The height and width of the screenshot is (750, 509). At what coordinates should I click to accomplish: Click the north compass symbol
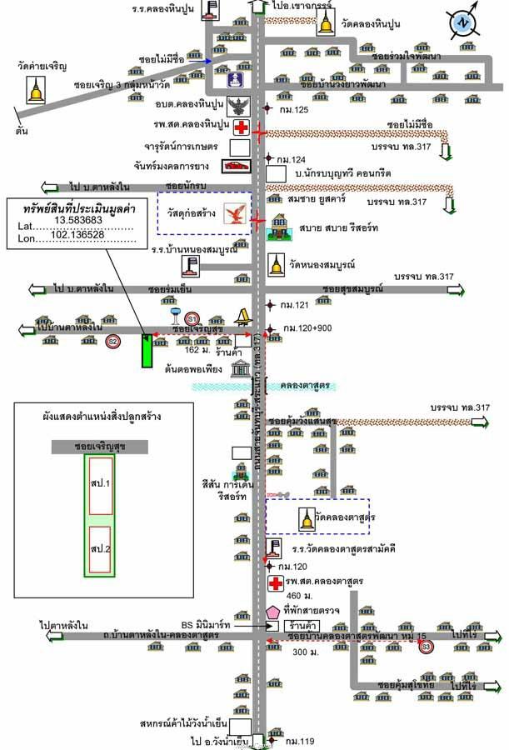click(x=461, y=23)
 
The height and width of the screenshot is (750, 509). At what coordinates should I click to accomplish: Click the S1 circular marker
click(x=192, y=318)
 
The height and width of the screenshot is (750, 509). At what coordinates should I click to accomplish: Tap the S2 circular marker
click(x=112, y=341)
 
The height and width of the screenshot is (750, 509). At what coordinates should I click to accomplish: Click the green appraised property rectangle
click(x=147, y=351)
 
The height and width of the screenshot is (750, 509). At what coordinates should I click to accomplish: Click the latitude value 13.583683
click(x=80, y=219)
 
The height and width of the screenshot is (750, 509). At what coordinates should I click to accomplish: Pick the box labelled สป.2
click(x=102, y=551)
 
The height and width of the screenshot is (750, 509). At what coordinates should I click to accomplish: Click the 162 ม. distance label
click(x=199, y=349)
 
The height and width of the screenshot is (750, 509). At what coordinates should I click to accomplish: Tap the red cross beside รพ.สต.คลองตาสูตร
click(x=276, y=582)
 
